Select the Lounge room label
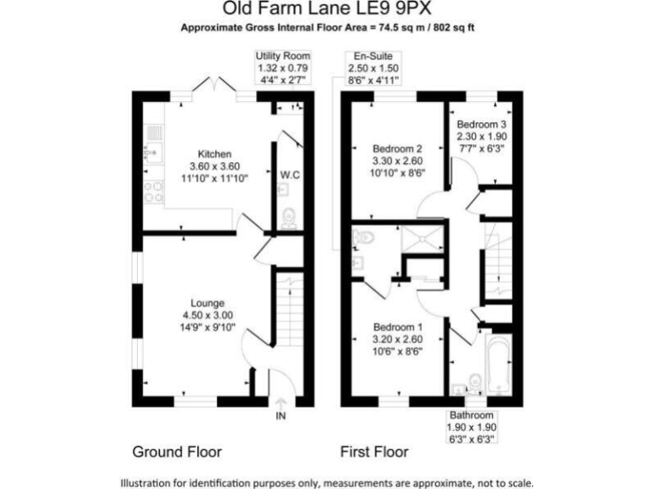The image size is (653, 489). tap(207, 303)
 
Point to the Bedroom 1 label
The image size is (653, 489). tap(398, 327)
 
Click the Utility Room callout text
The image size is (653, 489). tap(283, 56)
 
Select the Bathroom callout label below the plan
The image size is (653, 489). tap(472, 415)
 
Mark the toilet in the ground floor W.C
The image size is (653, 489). tap(287, 218)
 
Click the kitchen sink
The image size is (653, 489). tap(153, 133)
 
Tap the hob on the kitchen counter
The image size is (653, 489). tap(154, 192)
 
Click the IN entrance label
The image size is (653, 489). tap(281, 416)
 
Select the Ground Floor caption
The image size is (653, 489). tap(177, 452)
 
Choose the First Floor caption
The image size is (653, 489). tap(374, 452)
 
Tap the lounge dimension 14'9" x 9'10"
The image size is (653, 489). tap(207, 327)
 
